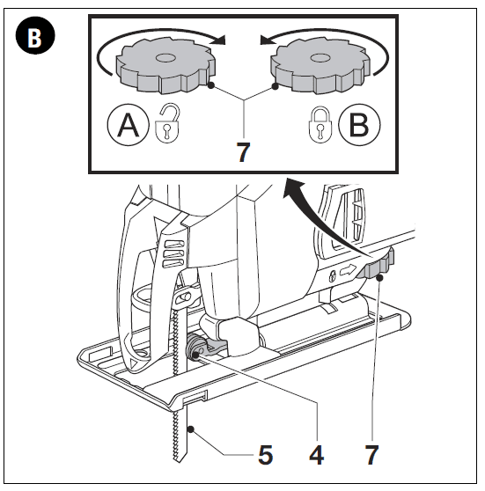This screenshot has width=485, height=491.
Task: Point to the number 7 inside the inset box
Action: pos(243,151)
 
